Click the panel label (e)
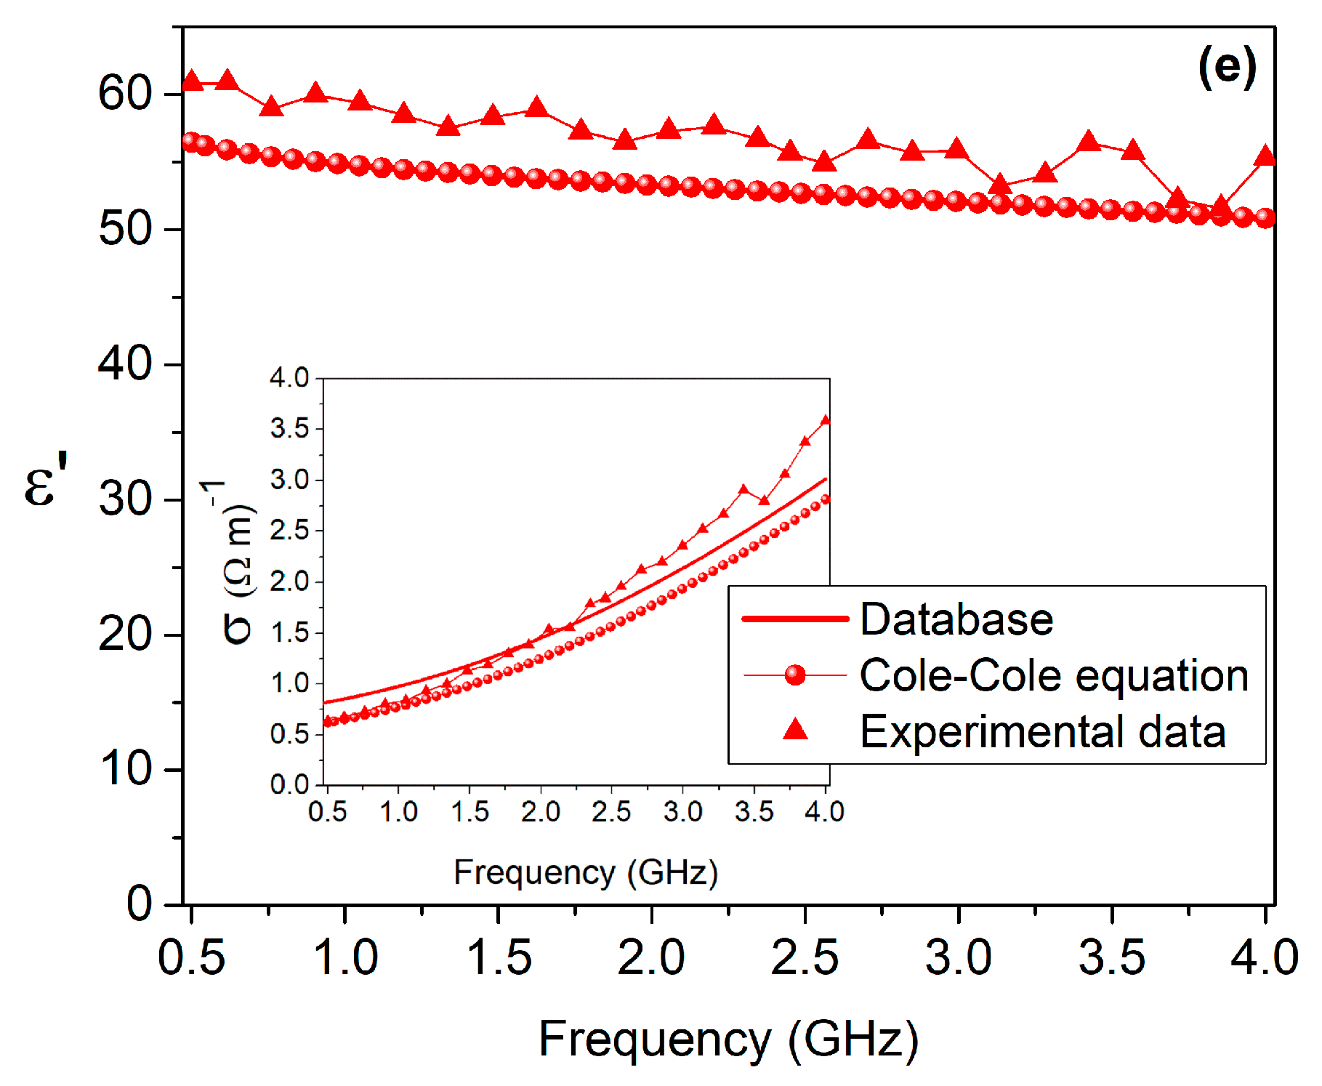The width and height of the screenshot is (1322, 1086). (1227, 67)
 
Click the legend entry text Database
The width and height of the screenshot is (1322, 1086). (956, 619)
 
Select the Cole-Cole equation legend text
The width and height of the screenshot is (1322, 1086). (1054, 675)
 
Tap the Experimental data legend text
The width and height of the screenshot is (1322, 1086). (1043, 731)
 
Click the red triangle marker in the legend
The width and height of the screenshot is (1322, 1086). (796, 729)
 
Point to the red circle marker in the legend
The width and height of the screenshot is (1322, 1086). (796, 675)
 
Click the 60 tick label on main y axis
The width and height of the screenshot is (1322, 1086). (125, 94)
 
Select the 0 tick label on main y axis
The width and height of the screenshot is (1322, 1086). (140, 904)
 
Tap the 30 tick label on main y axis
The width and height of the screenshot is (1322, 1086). (125, 499)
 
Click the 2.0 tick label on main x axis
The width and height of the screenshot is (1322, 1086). (651, 957)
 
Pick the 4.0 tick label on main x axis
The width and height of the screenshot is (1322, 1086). (1265, 957)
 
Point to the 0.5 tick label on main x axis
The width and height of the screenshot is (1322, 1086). (192, 957)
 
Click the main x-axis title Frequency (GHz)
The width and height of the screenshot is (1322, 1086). (728, 1039)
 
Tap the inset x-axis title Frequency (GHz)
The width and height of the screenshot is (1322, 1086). (586, 872)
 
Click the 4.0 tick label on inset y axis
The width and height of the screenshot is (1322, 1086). (289, 378)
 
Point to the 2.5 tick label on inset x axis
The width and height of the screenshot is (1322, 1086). (611, 811)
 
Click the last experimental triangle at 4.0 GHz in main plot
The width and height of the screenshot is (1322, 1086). (1265, 156)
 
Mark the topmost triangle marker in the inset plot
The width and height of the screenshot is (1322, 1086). (826, 420)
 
